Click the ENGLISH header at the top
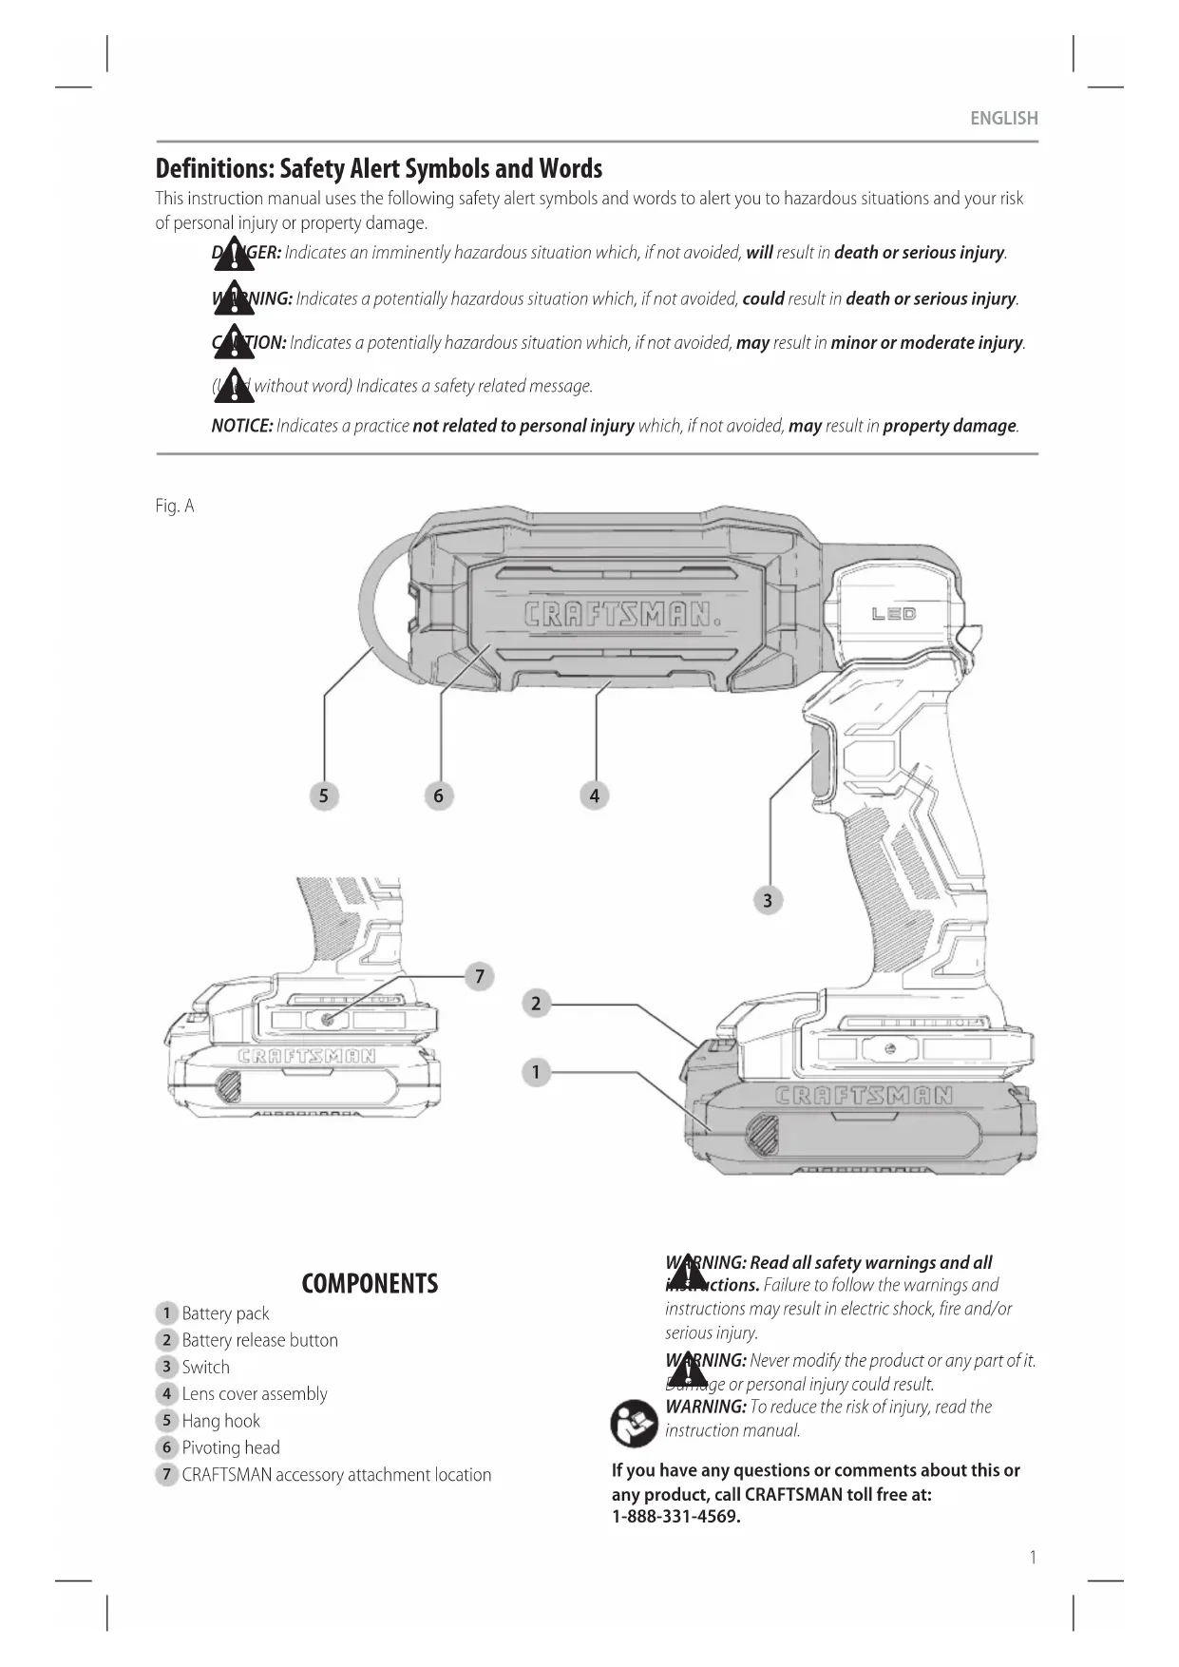coord(1003,119)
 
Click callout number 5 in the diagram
coord(324,795)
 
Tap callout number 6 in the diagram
coord(438,795)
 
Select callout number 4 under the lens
coord(595,795)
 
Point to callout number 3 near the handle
coord(768,899)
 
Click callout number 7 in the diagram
coord(480,976)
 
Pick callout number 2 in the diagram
coord(536,1004)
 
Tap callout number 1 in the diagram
coord(536,1072)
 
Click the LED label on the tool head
coord(893,614)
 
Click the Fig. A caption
coord(175,506)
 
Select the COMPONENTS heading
coord(370,1284)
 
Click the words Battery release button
coord(259,1340)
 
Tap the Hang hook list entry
coord(220,1421)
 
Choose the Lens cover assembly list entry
coord(254,1394)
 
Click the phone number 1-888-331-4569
coord(675,1517)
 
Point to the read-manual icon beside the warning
coord(634,1423)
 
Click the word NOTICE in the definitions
coord(241,426)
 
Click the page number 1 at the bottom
coord(1033,1557)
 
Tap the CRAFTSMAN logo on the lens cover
coord(622,614)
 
